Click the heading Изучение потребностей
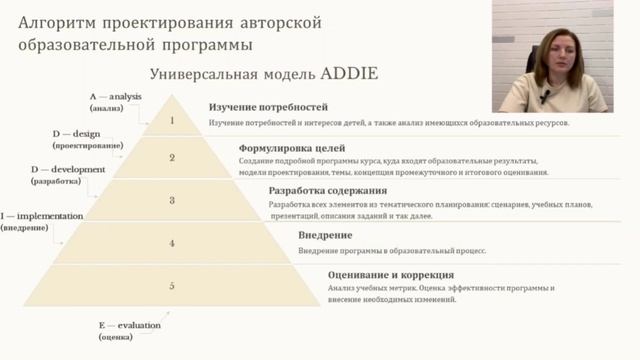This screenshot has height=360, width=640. point(269,106)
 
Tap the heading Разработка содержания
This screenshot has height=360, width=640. point(312,190)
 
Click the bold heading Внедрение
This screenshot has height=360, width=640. point(325,235)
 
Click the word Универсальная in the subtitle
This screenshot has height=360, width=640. point(204,75)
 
